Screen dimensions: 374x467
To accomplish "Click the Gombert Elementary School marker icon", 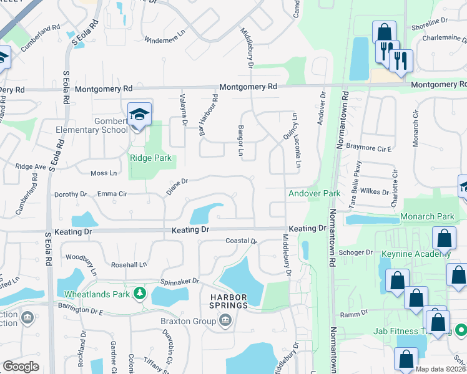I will [140, 115].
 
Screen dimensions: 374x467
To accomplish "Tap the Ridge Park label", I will [150, 158].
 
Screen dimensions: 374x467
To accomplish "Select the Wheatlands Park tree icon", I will [142, 292].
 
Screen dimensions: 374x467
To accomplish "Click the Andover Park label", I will [314, 193].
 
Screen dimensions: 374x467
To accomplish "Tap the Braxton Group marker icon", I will [225, 322].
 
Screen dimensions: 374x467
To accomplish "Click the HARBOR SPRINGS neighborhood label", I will [228, 300].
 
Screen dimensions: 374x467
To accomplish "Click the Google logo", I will [21, 367].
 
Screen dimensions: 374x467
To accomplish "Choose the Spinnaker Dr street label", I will [179, 281].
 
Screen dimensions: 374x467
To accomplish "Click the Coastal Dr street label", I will [241, 241].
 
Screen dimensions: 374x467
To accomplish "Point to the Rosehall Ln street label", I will [132, 264].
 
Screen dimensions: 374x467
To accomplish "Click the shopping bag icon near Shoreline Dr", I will [384, 32].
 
